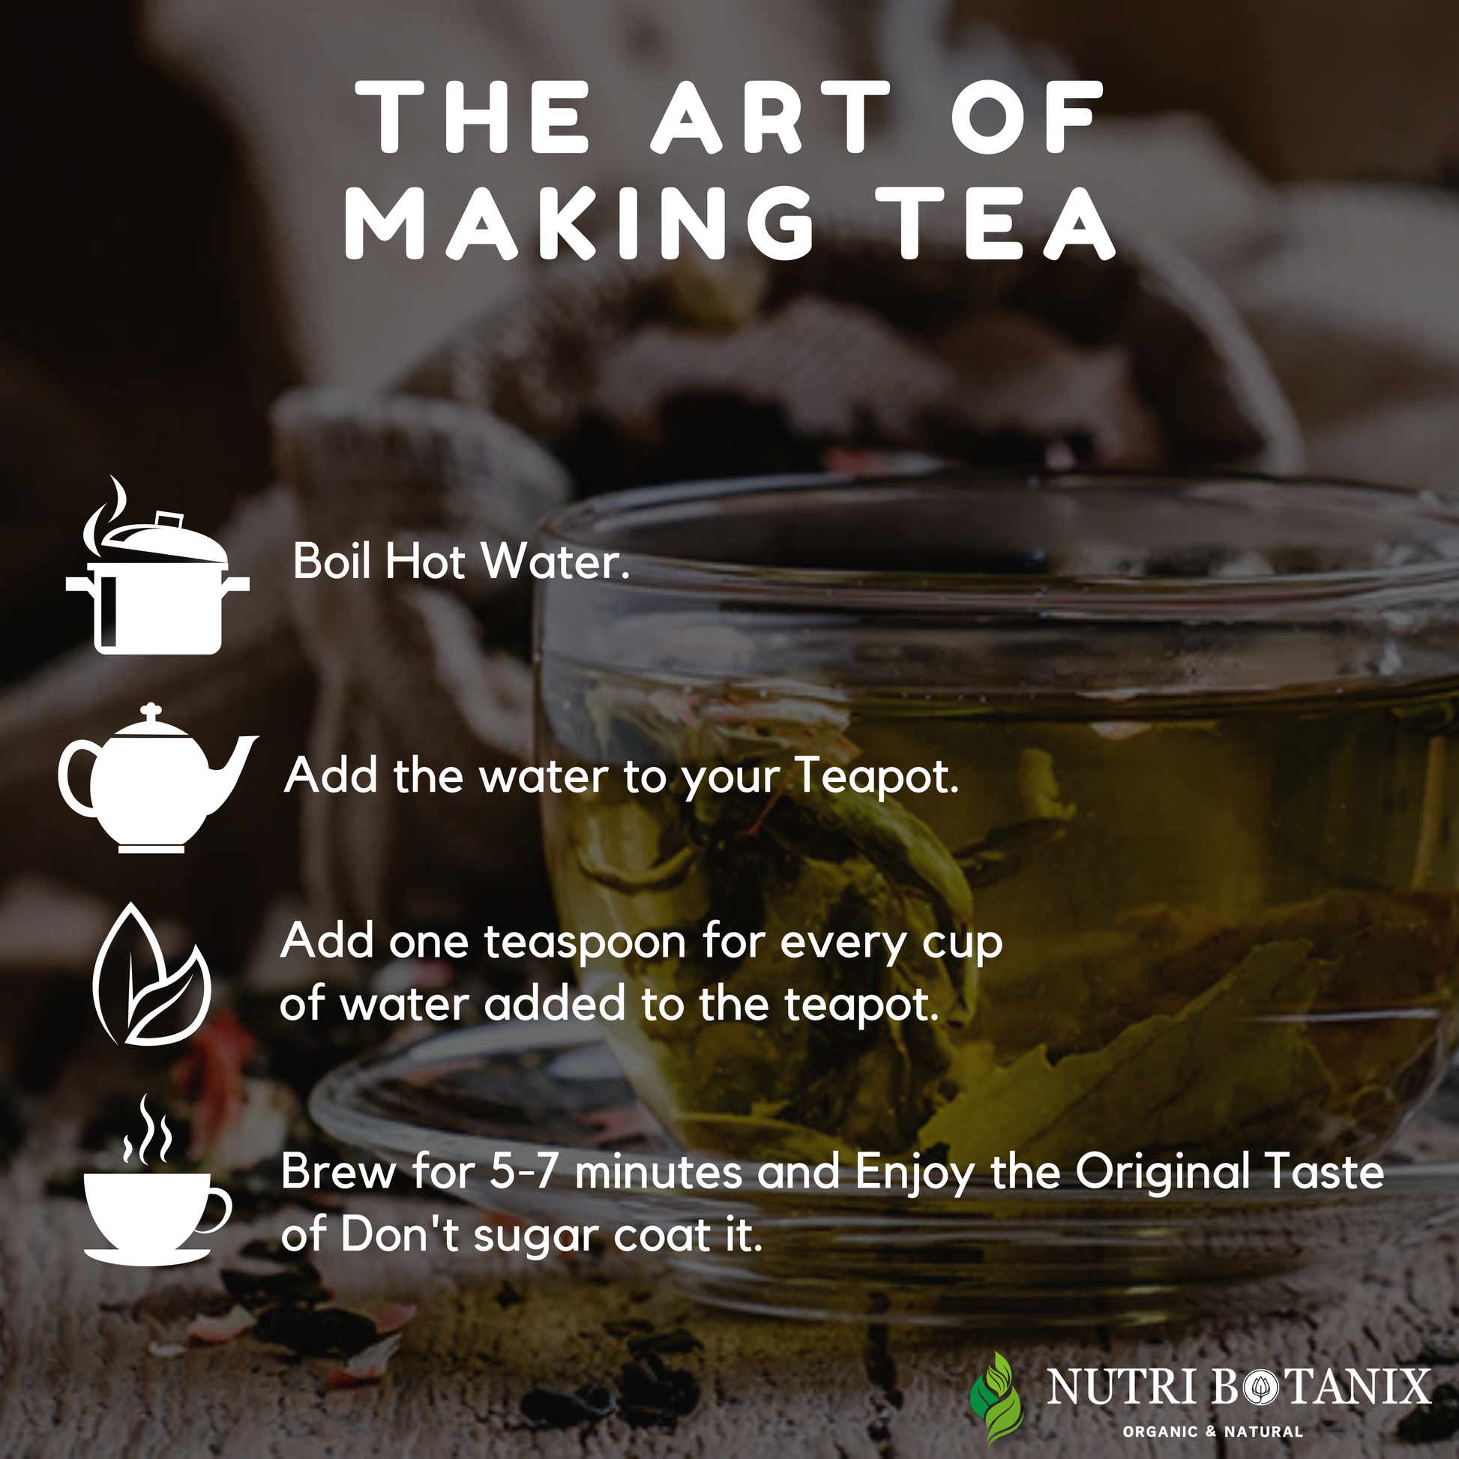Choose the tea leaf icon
pyautogui.click(x=151, y=973)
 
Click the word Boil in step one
pyautogui.click(x=331, y=562)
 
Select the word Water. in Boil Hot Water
pyautogui.click(x=555, y=562)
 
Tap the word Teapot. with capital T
pyautogui.click(x=877, y=777)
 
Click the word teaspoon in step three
pyautogui.click(x=586, y=944)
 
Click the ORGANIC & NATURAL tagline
pyautogui.click(x=1212, y=1431)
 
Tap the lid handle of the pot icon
pyautogui.click(x=169, y=520)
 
